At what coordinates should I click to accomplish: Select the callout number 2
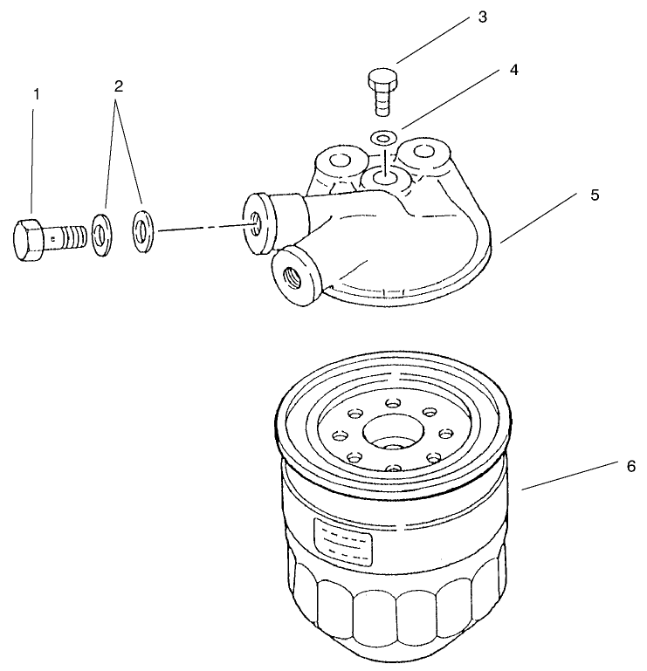click(119, 86)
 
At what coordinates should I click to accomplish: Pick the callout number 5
click(594, 195)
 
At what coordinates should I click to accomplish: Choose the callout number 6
click(630, 466)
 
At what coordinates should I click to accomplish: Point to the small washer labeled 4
click(382, 136)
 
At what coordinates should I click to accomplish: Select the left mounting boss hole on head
click(336, 161)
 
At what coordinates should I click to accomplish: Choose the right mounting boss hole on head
click(424, 152)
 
